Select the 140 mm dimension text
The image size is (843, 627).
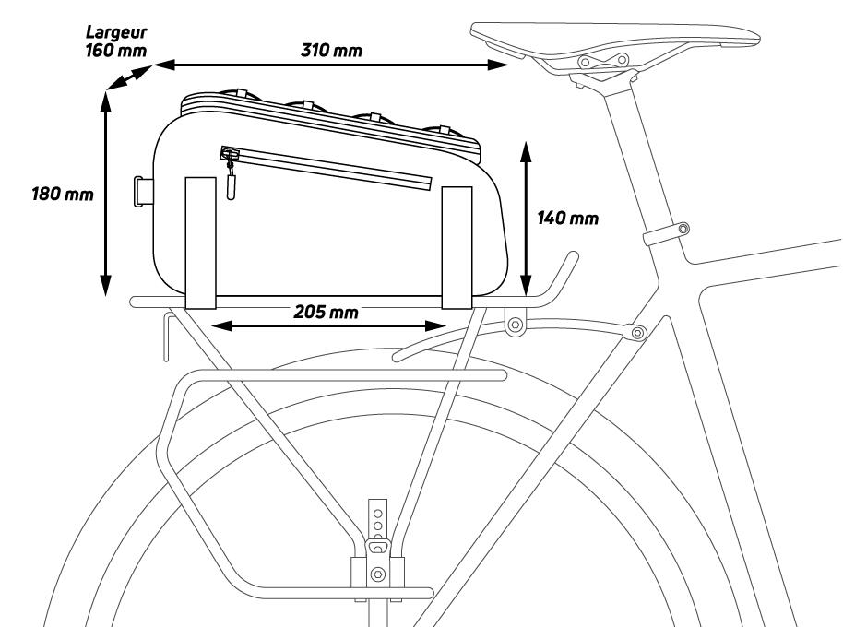[x=568, y=219]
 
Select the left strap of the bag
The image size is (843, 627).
[x=200, y=242]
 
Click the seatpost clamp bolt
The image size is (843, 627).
[x=682, y=228]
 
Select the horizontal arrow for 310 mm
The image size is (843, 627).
[x=331, y=65]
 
